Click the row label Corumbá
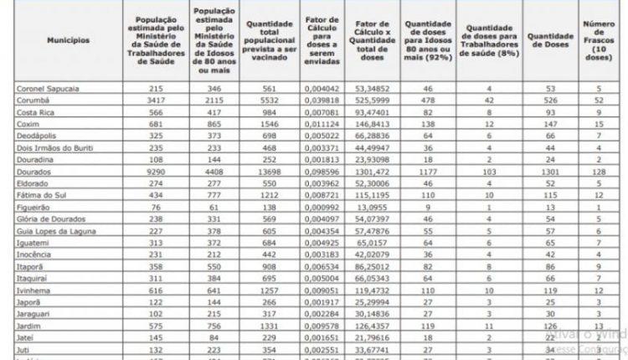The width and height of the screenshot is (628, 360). [x=34, y=99]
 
